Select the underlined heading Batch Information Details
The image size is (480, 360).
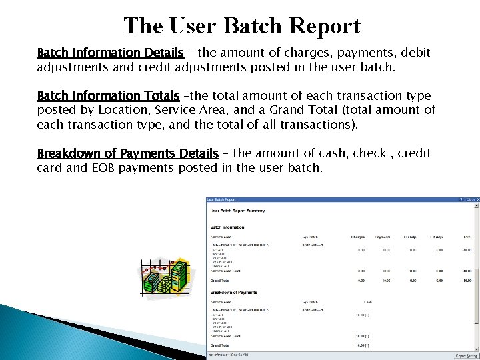110,52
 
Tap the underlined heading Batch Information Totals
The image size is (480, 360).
108,95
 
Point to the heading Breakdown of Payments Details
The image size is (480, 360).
128,153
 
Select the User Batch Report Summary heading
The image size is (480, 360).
237,211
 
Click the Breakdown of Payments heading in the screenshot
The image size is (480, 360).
234,293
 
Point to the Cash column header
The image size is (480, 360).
367,301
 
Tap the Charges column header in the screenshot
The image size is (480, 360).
357,236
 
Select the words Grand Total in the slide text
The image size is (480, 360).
299,110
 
